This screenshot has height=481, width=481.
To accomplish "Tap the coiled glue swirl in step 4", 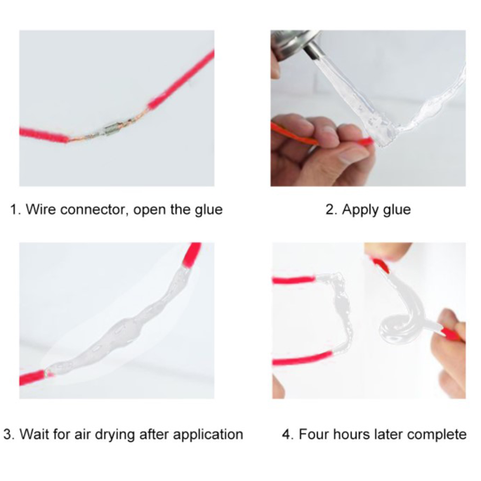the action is pos(397,328).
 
